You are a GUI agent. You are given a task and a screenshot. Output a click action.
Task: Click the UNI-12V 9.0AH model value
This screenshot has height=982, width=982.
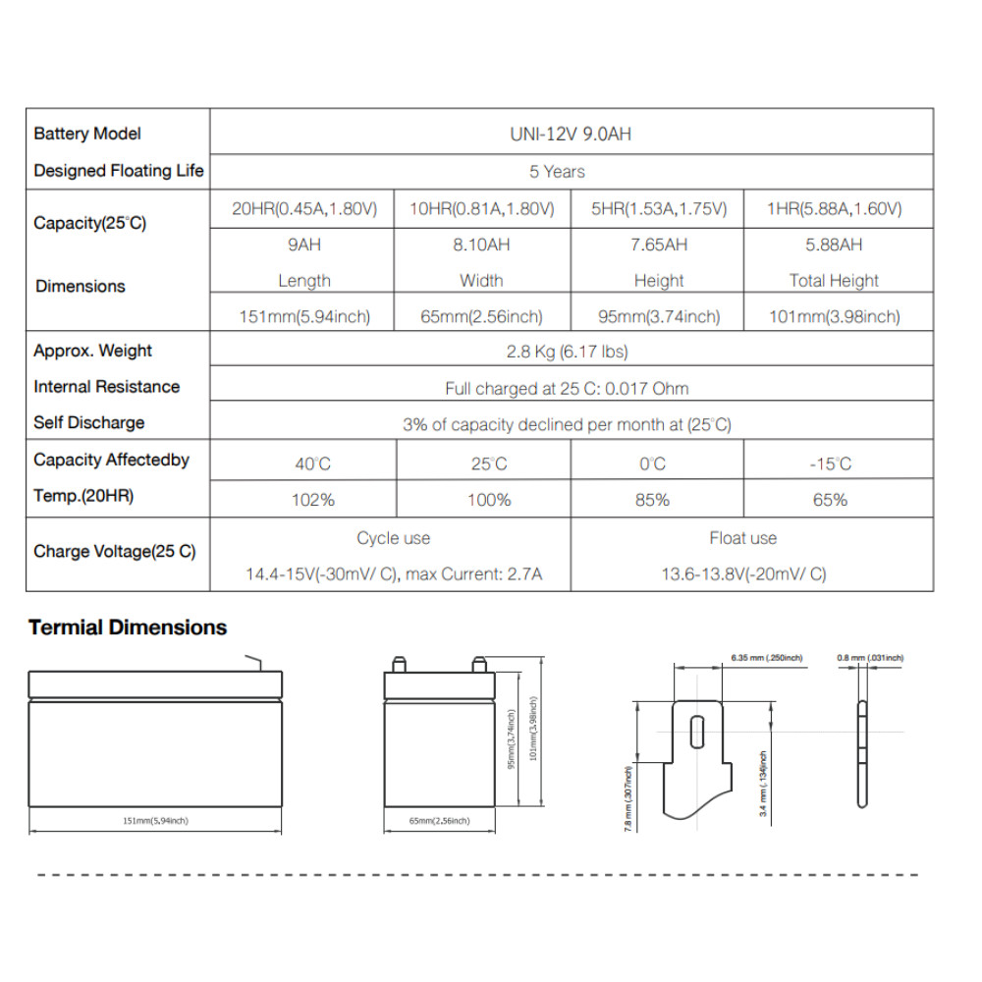pos(572,134)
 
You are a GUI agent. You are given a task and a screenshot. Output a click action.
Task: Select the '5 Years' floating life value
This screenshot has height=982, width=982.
pos(557,171)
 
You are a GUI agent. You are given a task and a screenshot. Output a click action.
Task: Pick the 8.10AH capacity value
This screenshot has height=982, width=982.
pos(481,245)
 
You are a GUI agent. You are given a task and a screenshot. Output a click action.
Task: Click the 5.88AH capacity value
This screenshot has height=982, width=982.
pos(834,245)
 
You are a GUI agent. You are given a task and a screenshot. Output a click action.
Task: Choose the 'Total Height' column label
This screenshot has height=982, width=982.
pos(834,281)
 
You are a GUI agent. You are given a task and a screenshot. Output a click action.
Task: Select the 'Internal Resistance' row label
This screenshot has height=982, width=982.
pos(107,387)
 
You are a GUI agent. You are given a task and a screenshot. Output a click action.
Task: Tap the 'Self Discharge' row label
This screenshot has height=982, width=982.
pos(89,423)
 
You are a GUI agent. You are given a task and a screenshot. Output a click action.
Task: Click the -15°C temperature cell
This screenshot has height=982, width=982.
pos(831,464)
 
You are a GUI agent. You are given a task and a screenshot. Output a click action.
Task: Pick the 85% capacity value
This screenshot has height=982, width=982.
pos(652,500)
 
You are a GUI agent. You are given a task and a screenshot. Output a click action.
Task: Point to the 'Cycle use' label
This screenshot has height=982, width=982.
pos(393,538)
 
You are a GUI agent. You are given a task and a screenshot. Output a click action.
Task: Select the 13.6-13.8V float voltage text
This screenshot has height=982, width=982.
pos(742,574)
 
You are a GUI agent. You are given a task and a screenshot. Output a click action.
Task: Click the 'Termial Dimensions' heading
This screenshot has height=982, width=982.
pos(128,627)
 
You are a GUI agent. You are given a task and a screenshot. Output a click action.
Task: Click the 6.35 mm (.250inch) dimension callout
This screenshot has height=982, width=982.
pos(767,656)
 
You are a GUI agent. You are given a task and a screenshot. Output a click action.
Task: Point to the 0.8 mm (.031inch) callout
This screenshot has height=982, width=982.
pos(870,657)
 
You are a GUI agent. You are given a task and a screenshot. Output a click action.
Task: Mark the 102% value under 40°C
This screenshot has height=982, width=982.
pos(313,500)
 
